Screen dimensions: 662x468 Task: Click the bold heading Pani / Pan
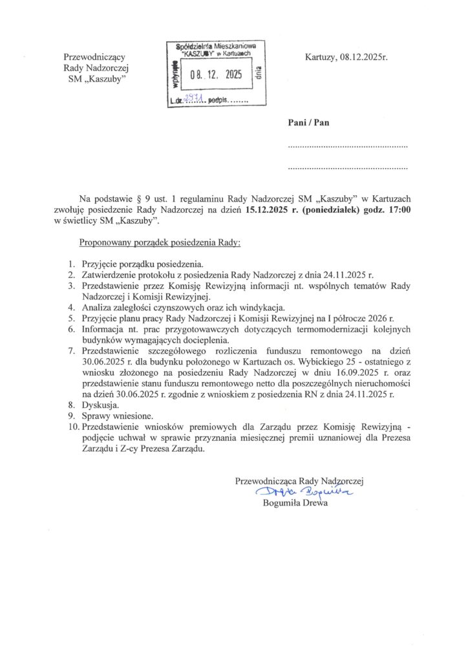coord(308,123)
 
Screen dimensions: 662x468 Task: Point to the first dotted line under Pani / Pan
coord(347,147)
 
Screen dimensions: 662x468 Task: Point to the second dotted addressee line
coord(347,169)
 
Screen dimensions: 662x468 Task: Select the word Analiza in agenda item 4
coord(97,307)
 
